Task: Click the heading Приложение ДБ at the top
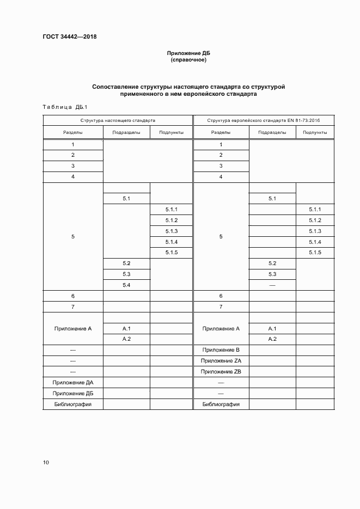point(188,53)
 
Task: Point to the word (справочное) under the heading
point(188,60)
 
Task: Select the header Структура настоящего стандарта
point(118,120)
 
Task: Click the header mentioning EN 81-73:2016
point(264,120)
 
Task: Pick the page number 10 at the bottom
point(46,462)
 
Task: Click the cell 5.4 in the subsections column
point(126,285)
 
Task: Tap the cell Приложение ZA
point(221,361)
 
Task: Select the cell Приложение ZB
point(221,372)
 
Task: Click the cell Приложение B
point(221,350)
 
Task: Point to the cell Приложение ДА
point(73,383)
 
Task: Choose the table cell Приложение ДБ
point(73,394)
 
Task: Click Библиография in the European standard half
point(221,404)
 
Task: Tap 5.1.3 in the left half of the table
point(172,231)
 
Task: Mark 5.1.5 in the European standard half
point(315,253)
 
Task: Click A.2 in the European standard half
point(272,339)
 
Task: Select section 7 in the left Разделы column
point(73,307)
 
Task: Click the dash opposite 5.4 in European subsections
point(272,285)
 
